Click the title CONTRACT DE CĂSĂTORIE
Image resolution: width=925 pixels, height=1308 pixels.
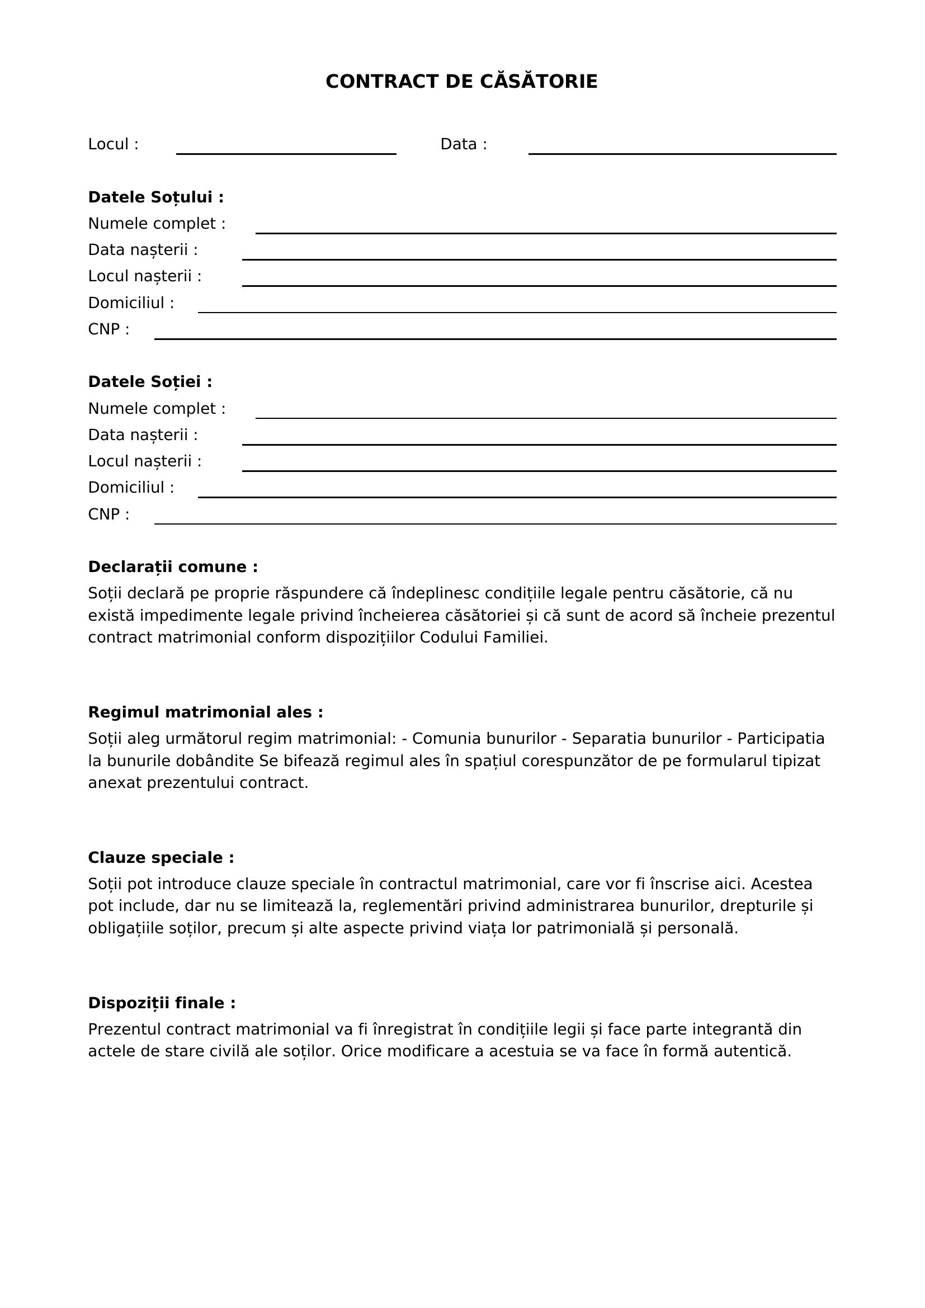(461, 82)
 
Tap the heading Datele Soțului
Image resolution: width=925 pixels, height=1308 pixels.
(155, 197)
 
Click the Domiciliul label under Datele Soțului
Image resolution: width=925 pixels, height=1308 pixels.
(131, 303)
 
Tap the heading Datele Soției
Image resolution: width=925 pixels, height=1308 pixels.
(150, 382)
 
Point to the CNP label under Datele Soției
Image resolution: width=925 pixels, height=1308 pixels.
(108, 514)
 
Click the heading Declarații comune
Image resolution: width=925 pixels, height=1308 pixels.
(173, 567)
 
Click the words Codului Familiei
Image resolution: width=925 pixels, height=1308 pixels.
(483, 638)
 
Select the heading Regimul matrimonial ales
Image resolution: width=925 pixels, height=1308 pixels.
(205, 712)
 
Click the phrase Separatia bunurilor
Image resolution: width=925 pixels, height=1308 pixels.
(646, 738)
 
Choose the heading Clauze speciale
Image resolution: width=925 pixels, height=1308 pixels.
(161, 857)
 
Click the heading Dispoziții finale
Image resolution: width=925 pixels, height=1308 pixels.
(162, 1003)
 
